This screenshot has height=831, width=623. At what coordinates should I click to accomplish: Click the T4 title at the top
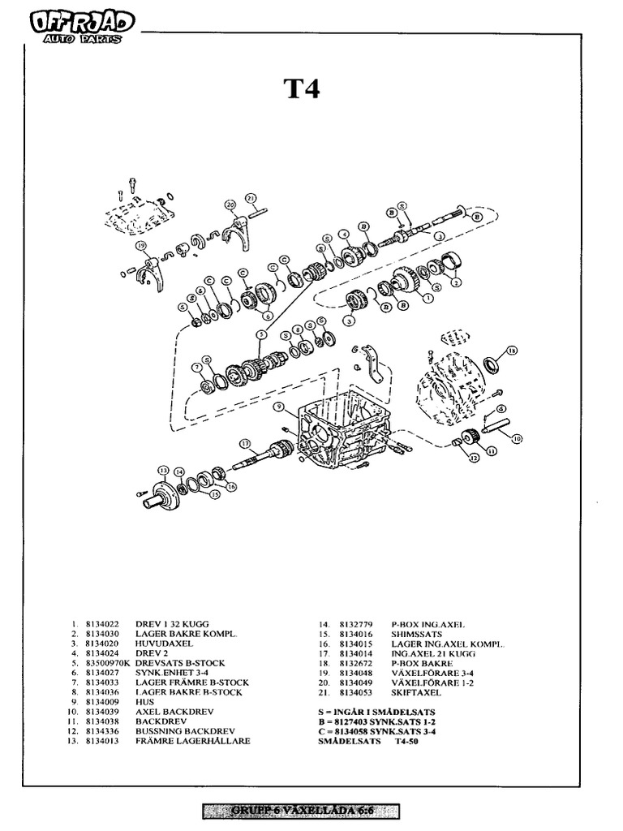coord(301,88)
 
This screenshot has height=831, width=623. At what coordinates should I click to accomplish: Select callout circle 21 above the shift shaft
coord(251,198)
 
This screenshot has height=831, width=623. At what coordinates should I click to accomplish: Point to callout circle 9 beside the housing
coord(277,407)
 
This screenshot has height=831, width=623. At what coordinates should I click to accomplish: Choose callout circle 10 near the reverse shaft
coord(517,438)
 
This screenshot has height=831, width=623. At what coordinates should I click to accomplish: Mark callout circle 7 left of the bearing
coord(195,368)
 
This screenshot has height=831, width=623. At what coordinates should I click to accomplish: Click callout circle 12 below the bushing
coord(473,458)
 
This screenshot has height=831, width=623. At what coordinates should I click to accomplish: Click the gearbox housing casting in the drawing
coord(345,430)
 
